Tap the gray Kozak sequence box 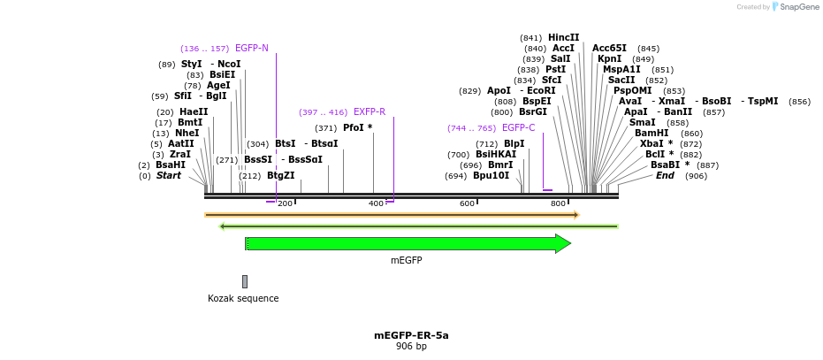point(245,281)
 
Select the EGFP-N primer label point(252,48)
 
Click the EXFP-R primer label point(370,112)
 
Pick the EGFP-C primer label point(518,128)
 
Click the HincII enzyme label point(564,37)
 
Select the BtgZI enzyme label point(281,175)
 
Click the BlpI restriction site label point(514,143)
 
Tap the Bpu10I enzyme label point(491,175)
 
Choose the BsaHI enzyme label point(171,165)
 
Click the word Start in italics point(169,175)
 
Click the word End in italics point(665,175)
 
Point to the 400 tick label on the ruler point(376,203)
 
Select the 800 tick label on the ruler point(558,203)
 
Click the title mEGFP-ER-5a point(411,335)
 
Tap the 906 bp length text point(411,346)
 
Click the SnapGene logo point(792,7)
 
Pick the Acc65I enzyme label point(609,48)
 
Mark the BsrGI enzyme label point(533,111)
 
